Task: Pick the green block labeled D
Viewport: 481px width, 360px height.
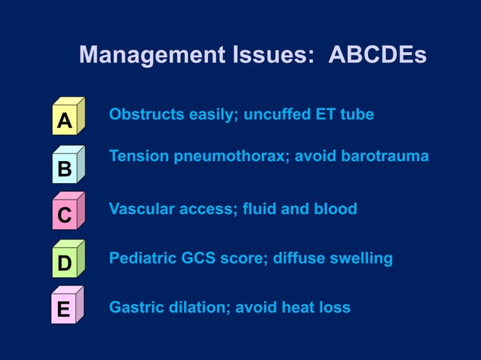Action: (x=67, y=261)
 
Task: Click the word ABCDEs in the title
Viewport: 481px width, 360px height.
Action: (x=378, y=56)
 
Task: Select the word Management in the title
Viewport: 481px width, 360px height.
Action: (x=146, y=56)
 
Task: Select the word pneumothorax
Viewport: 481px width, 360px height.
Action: (x=228, y=157)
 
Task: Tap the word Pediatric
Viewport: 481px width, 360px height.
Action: (x=142, y=258)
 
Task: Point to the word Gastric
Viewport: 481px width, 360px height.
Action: (x=135, y=307)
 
